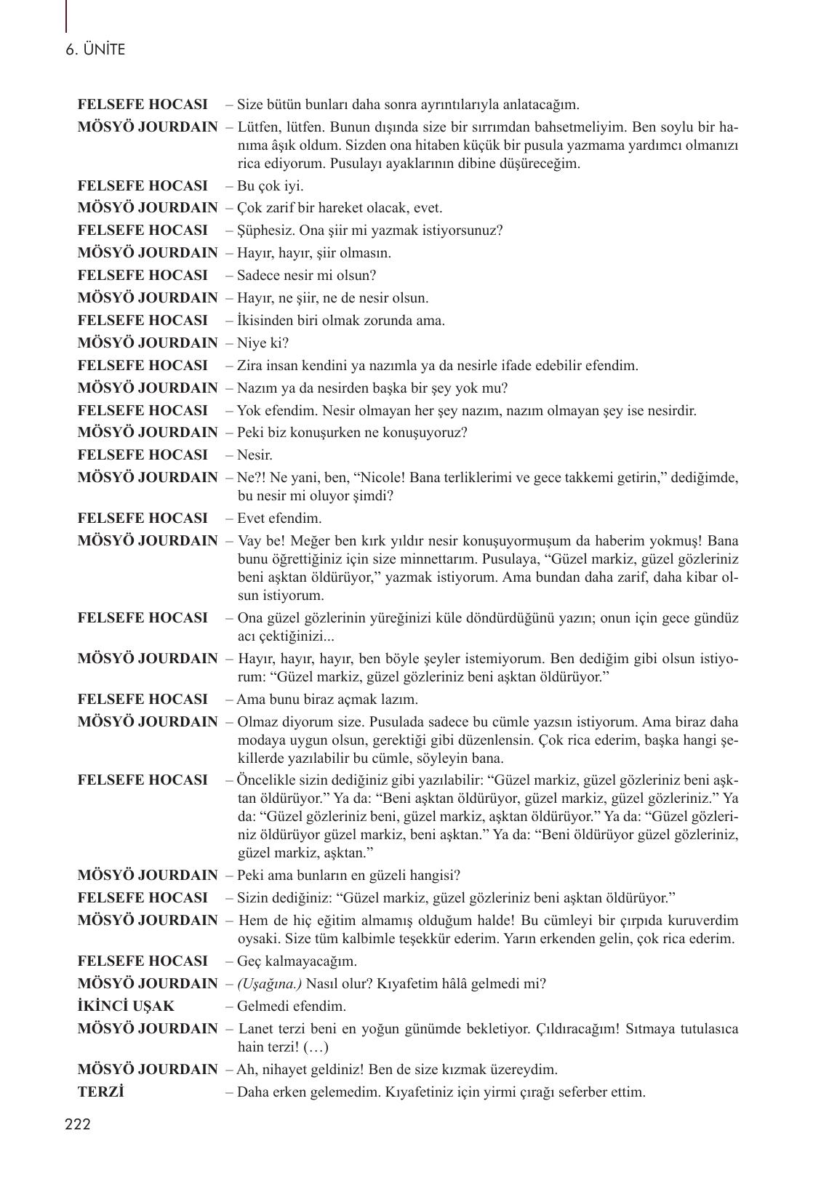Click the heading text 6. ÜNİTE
(95, 50)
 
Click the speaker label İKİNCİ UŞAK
(126, 1006)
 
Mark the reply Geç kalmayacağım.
(297, 961)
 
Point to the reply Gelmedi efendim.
(292, 1006)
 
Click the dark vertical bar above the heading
(66, 16)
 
